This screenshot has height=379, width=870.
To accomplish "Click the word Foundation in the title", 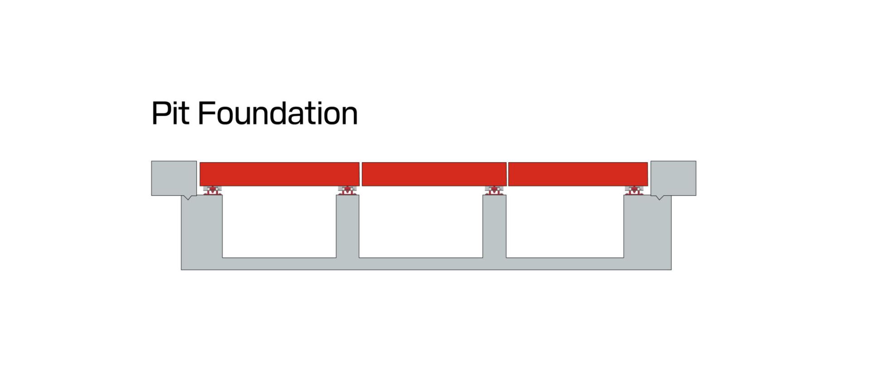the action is tap(278, 113).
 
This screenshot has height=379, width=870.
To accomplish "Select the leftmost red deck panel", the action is tap(280, 174).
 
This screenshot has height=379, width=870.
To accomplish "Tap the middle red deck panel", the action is tap(434, 174).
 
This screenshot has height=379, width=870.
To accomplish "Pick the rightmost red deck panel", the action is tap(578, 174).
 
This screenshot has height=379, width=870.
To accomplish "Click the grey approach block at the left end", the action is tap(174, 178).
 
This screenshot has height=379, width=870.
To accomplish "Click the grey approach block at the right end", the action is tap(673, 178).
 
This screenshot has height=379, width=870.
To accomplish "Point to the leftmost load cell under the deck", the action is tap(212, 190).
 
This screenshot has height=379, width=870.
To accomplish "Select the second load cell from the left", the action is tap(347, 190).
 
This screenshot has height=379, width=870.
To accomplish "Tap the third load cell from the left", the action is tap(494, 190).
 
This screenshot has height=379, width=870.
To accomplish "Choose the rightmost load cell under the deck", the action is tap(634, 190).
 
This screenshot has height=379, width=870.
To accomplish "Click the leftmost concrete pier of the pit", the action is tap(202, 226).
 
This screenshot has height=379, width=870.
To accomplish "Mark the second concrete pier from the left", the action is tap(348, 226).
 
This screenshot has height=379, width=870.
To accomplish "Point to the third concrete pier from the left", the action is tap(494, 226).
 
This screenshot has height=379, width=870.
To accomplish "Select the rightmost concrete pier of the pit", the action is tap(648, 226).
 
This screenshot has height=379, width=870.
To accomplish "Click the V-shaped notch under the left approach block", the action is tap(188, 197).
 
